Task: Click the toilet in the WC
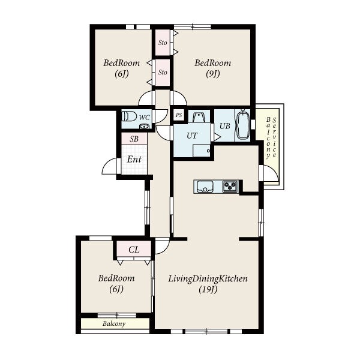[129, 116]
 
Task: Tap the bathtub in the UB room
[243, 125]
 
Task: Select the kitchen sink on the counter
[205, 186]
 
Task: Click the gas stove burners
[230, 186]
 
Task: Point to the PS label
[179, 115]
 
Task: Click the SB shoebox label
[134, 139]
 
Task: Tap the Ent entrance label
[134, 159]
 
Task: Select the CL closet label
[134, 250]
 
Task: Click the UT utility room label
[192, 136]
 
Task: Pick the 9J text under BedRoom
[213, 74]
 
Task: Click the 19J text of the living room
[208, 290]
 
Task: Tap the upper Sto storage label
[163, 43]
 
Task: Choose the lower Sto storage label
[163, 73]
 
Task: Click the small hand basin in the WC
[144, 126]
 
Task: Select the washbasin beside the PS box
[199, 117]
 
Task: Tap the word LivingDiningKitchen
[208, 279]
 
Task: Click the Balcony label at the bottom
[114, 324]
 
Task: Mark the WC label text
[145, 118]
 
